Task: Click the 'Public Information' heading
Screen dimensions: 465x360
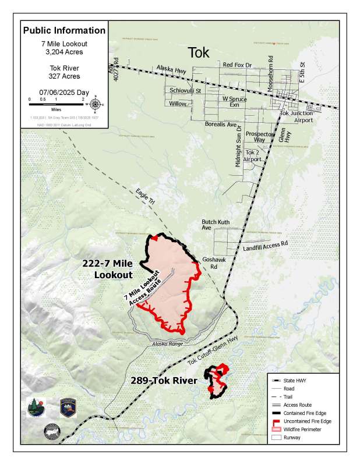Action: (64, 30)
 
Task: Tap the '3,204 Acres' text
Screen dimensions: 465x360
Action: (64, 52)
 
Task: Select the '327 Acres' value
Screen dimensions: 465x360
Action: (64, 75)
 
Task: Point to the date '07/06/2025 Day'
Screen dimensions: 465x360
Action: (64, 92)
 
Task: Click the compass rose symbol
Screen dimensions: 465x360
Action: (97, 105)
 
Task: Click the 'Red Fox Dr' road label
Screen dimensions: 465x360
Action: (237, 65)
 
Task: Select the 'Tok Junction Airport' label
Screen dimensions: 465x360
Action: (297, 116)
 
